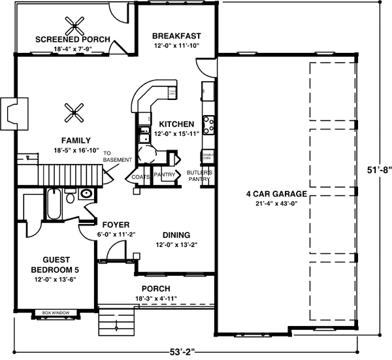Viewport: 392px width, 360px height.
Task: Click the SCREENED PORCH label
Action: coord(73,39)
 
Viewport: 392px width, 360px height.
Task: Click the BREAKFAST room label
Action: coord(176,35)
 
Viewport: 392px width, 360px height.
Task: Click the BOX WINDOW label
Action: coord(56,312)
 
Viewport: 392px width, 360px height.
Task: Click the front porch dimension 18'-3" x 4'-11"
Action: coord(155,299)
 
